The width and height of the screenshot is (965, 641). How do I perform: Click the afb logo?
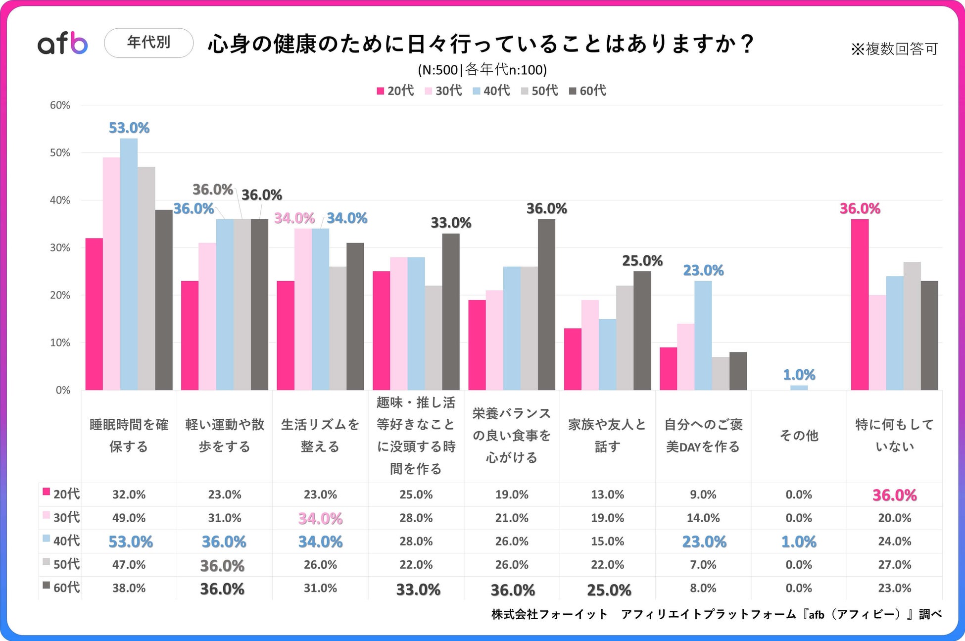point(63,43)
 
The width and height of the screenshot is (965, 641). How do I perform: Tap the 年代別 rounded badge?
point(148,43)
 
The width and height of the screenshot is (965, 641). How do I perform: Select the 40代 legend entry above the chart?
point(491,91)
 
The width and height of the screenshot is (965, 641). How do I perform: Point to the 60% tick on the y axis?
point(60,105)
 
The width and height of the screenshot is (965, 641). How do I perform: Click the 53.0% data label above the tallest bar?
point(129,128)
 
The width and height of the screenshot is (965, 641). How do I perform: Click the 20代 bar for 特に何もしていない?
point(860,304)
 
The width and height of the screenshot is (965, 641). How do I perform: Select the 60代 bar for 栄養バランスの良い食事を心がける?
point(546,304)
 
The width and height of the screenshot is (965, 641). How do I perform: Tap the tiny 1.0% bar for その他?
point(799,388)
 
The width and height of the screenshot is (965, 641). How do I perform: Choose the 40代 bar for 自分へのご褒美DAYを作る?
point(703,335)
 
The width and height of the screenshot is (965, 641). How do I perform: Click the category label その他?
point(799,436)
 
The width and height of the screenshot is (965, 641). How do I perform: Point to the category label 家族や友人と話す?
point(607,436)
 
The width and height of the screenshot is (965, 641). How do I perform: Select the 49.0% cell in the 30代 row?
point(129,518)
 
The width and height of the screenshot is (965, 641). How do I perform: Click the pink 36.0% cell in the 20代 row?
point(894,495)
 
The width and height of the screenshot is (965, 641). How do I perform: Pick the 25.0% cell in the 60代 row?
point(609,590)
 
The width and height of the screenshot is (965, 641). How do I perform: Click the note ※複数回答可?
point(894,49)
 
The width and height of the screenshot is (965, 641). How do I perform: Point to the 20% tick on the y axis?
point(60,295)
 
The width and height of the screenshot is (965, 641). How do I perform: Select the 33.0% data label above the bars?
point(450,223)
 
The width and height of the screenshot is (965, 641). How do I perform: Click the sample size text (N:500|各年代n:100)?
point(482,70)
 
